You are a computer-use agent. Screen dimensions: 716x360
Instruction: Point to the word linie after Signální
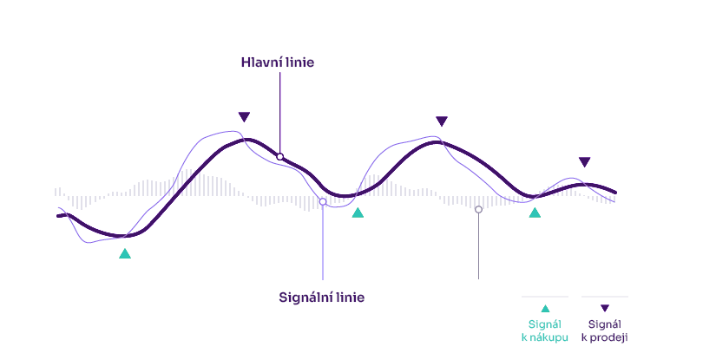coord(351,298)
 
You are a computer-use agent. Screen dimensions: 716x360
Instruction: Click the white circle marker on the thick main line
coord(280,157)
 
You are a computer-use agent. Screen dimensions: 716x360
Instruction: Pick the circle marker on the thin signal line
coord(323,201)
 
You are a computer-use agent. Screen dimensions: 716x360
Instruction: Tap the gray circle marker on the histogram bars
coord(478,209)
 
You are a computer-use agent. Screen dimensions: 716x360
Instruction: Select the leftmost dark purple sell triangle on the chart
coord(244,117)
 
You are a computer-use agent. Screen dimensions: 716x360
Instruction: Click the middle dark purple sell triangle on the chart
coord(442,121)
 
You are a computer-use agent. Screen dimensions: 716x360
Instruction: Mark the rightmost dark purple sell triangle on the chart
coord(584,162)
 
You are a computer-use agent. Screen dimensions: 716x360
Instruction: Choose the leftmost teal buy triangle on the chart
coord(125,253)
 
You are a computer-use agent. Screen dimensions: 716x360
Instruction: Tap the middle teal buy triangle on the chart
coord(358,213)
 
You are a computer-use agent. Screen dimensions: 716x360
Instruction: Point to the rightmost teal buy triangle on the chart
coord(535,213)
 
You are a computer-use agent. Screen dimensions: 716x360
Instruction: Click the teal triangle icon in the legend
coord(545,309)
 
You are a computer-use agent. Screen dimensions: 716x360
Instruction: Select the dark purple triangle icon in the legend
coord(605,309)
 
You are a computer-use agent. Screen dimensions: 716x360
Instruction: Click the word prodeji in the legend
coord(608,337)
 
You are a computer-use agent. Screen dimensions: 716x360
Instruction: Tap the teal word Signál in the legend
coord(545,324)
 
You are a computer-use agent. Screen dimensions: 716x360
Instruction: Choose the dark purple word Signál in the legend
coord(605,324)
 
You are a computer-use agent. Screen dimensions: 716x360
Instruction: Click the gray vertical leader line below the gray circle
coord(478,246)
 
